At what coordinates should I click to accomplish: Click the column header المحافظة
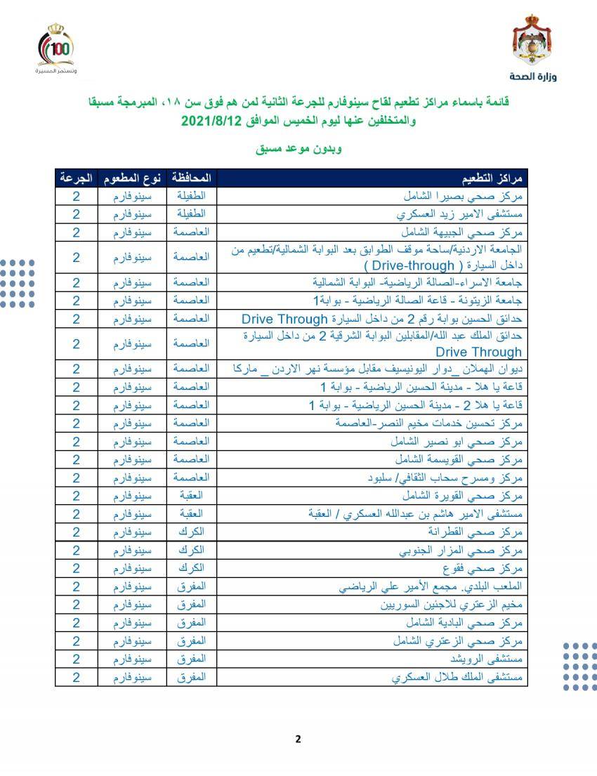pos(192,177)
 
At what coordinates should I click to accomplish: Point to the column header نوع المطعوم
pos(133,177)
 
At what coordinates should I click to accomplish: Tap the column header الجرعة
pos(76,177)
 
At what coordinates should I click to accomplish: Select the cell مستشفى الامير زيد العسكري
pos(461,214)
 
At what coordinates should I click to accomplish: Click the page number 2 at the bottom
pos(298,738)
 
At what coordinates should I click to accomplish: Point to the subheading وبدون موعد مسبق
pos(298,150)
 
